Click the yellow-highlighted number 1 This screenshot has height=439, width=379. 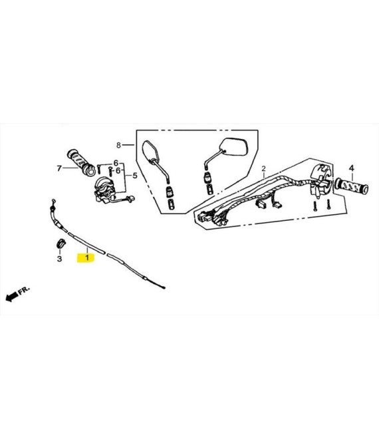click(87, 257)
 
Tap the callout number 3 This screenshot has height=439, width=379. click(59, 259)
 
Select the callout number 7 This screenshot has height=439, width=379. click(59, 168)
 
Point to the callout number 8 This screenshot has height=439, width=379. click(118, 145)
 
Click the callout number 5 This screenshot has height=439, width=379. click(135, 176)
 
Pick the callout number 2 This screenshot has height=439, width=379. click(263, 169)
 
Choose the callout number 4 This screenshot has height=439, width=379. click(352, 168)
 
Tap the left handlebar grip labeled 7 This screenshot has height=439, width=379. click(81, 163)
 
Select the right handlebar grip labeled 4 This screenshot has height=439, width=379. click(352, 186)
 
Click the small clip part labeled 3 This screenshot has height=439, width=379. click(60, 243)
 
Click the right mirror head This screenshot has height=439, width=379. click(234, 147)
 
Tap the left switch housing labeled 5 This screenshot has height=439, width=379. click(104, 190)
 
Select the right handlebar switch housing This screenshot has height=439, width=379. click(321, 180)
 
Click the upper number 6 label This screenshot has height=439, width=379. click(116, 163)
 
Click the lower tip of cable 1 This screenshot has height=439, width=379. click(164, 287)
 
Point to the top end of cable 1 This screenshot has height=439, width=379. click(53, 200)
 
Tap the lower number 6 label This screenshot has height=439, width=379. click(118, 170)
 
